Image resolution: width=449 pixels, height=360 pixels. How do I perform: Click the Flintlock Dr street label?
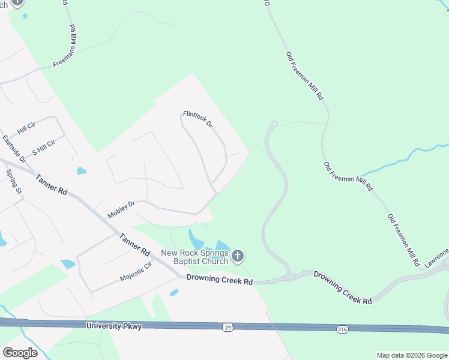(197, 118)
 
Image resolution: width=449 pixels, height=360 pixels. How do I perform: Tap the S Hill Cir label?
(43, 146)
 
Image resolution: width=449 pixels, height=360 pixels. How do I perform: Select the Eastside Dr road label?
(13, 149)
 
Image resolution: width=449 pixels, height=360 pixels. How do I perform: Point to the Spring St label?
(13, 181)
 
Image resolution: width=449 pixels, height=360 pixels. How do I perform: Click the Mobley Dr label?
(121, 209)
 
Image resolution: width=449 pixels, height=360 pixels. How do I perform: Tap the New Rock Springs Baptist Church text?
(194, 257)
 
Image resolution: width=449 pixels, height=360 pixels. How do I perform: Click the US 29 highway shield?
(228, 327)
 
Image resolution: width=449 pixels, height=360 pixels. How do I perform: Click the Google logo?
(20, 352)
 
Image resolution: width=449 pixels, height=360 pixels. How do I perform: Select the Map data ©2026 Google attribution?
(412, 355)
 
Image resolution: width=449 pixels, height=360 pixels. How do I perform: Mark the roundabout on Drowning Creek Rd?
(289, 277)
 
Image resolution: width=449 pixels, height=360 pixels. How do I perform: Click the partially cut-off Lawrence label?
(437, 256)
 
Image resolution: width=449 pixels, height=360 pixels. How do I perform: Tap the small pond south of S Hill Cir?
(81, 171)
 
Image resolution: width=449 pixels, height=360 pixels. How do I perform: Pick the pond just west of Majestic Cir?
(68, 264)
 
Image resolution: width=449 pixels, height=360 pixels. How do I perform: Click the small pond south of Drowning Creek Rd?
(173, 293)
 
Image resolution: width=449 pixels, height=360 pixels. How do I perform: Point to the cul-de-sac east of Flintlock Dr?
(274, 124)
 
